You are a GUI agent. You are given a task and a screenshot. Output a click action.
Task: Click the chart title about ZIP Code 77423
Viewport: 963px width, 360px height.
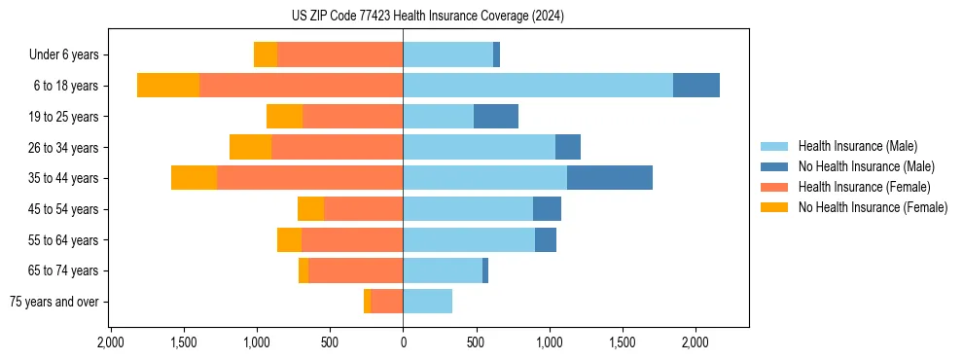coord(427,17)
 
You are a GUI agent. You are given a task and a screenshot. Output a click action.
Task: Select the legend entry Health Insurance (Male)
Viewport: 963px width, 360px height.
coord(857,146)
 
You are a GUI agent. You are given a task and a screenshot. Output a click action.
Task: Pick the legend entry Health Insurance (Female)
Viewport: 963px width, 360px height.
coord(864,187)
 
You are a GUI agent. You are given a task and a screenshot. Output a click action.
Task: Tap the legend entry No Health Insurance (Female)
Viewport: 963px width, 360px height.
coord(873,207)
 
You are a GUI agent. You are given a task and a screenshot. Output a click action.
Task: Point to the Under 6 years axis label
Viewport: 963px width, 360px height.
coord(63,55)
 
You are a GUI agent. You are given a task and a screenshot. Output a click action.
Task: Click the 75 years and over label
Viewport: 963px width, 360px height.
coord(53,302)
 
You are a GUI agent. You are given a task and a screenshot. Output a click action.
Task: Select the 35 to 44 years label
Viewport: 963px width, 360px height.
coord(65,178)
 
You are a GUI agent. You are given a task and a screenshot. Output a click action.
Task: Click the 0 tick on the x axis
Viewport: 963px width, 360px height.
coord(403,342)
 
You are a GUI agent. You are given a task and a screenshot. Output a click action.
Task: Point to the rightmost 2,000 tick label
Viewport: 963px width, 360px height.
coord(695,342)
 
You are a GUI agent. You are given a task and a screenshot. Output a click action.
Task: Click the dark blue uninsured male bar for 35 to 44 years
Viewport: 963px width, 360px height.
coord(609,178)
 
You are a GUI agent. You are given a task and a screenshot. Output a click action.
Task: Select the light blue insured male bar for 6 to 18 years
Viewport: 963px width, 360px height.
coord(537,86)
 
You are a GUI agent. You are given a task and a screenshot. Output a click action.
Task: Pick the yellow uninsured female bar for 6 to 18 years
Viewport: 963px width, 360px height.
coord(168,86)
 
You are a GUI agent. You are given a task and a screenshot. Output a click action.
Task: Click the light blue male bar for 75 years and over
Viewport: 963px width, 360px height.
coord(427,302)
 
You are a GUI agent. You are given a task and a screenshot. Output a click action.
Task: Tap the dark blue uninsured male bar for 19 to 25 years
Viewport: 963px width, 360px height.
coord(496,117)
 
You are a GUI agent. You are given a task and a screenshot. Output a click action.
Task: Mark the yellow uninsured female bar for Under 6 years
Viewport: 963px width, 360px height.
coord(266,55)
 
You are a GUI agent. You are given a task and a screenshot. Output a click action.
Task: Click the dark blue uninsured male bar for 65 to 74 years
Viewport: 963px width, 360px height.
coord(485,270)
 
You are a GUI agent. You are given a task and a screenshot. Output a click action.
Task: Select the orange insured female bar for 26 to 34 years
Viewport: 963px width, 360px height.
coord(337,147)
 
